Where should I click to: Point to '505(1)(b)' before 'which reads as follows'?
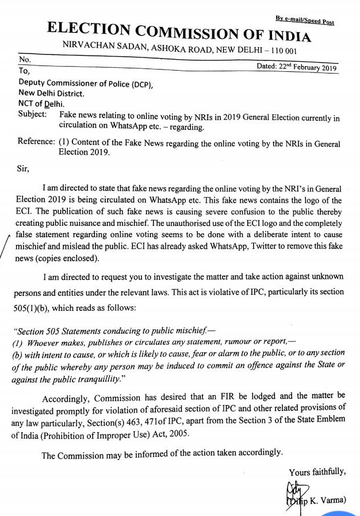[40, 307]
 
